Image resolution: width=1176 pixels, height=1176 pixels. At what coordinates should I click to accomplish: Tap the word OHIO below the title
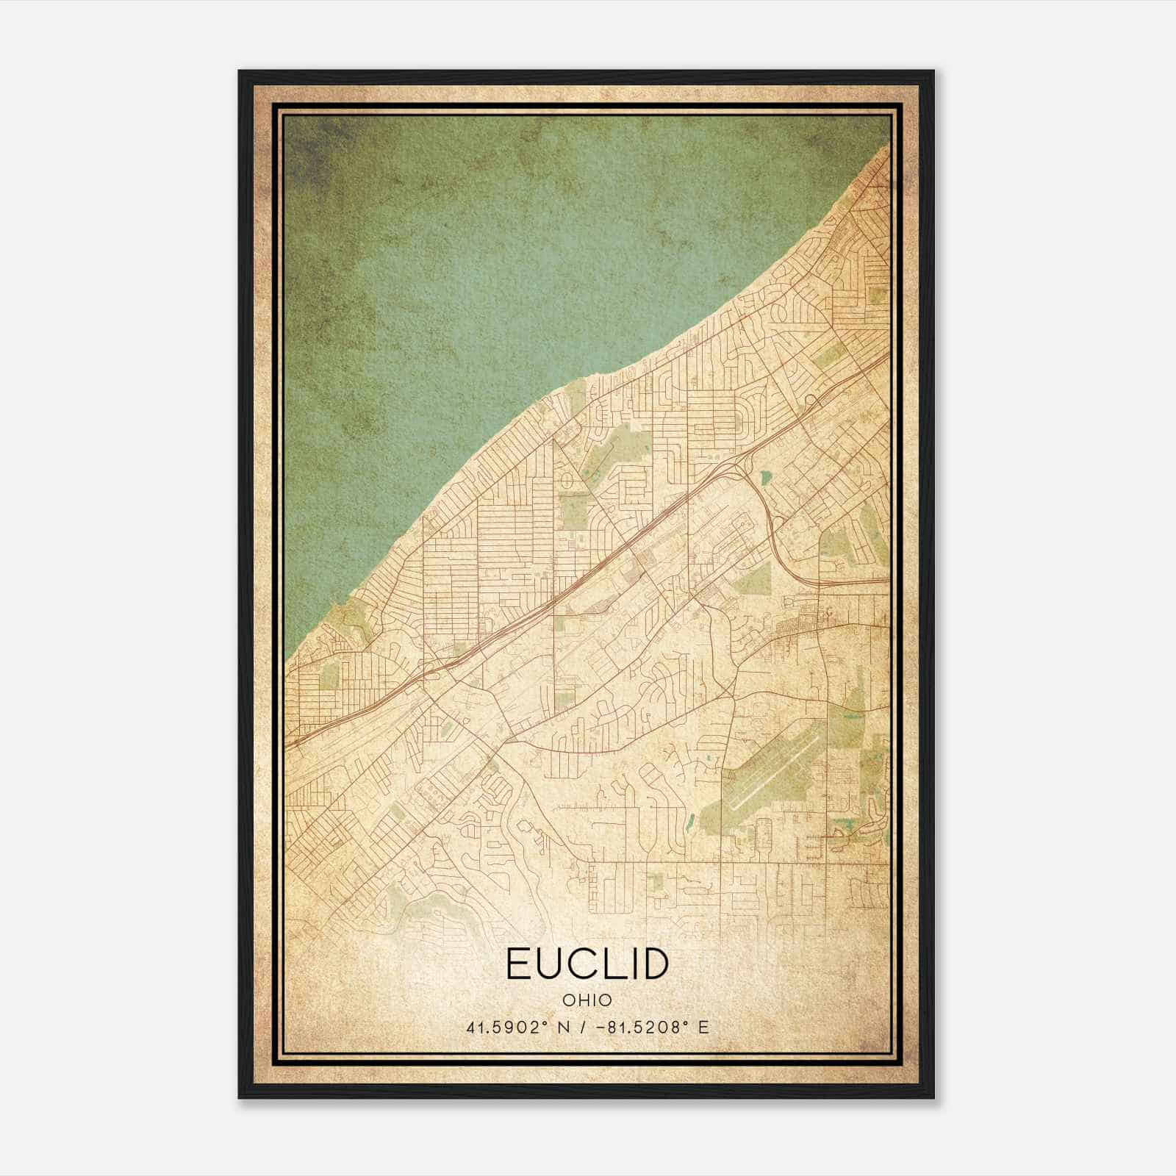(x=587, y=1000)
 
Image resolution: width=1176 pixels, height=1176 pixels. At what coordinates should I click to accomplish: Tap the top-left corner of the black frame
(x=240, y=72)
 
